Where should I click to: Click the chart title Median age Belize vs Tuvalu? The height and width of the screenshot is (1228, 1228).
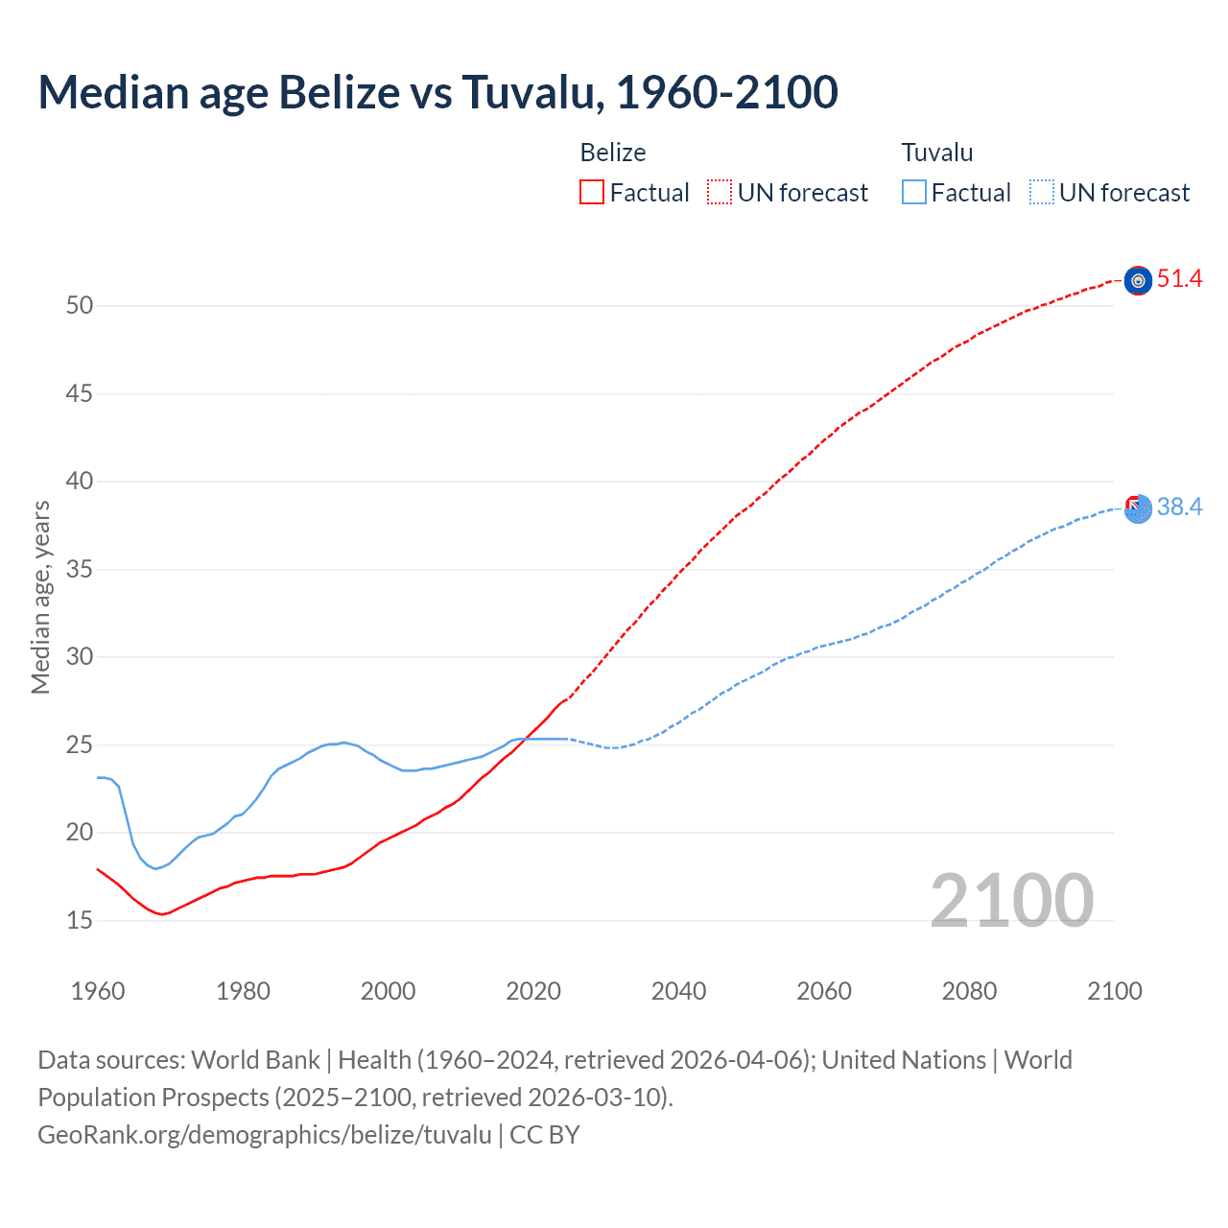(437, 92)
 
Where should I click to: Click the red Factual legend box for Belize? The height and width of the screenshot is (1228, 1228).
(592, 193)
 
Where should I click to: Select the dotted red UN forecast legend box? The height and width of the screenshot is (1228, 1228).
(720, 193)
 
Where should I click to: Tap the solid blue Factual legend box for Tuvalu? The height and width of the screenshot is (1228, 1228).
(913, 193)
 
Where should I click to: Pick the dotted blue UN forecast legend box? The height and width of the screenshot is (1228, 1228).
(1041, 193)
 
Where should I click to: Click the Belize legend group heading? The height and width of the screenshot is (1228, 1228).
(612, 153)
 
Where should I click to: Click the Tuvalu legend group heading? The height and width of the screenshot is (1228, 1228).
(936, 153)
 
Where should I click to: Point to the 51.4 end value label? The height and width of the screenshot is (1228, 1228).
(1179, 279)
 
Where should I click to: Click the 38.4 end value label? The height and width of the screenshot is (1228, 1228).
(1179, 507)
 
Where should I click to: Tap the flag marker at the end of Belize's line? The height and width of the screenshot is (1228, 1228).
(1138, 280)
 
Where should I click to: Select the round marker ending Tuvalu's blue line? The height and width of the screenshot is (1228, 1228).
(1138, 509)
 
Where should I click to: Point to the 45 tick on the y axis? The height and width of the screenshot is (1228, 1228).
(80, 393)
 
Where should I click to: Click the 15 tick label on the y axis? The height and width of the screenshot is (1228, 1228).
(80, 920)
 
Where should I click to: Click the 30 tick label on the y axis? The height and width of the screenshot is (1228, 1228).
(80, 657)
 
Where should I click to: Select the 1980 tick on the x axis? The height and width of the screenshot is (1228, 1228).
(243, 991)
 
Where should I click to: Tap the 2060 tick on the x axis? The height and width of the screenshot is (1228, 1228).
(824, 991)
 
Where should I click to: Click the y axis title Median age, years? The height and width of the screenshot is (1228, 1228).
(40, 597)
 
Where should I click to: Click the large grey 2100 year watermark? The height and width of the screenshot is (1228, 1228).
(1011, 900)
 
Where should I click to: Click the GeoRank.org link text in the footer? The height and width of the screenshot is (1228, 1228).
(264, 1135)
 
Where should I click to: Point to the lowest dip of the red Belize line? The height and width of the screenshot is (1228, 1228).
(162, 914)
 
